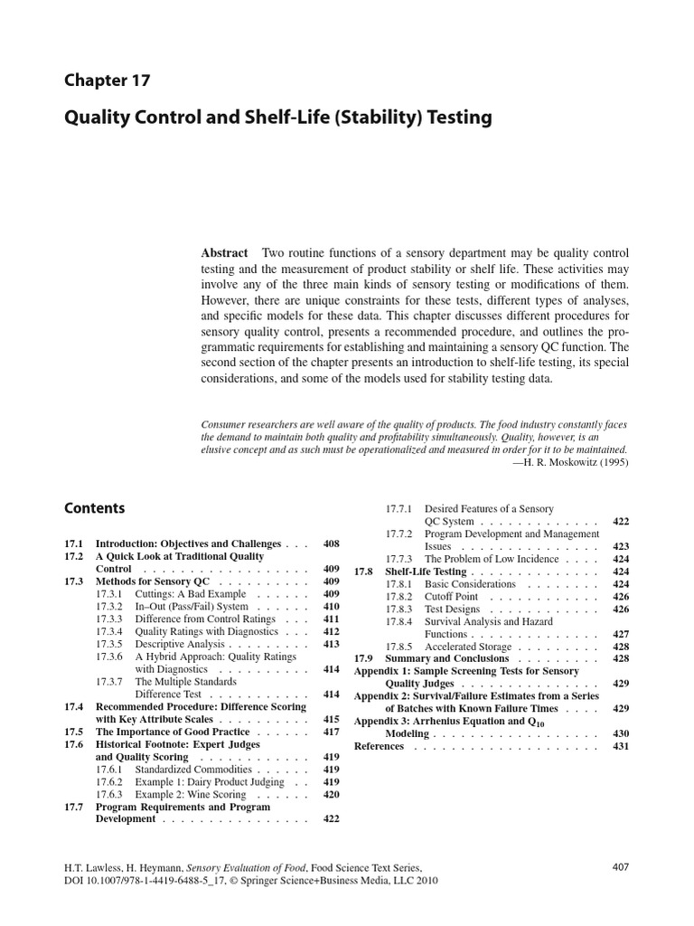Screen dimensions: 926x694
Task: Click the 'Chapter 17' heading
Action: (x=107, y=80)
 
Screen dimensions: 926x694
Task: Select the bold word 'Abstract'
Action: (x=224, y=254)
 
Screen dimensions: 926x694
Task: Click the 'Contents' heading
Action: (x=94, y=508)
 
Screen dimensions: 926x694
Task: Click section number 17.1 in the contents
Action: (x=73, y=543)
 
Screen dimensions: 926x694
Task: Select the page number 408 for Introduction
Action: (x=331, y=543)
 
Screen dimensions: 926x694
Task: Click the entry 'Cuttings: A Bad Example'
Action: (x=190, y=594)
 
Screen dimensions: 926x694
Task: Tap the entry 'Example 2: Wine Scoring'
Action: (x=190, y=794)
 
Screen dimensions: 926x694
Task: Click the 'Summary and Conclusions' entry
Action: (x=441, y=659)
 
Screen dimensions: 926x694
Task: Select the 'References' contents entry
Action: (x=379, y=746)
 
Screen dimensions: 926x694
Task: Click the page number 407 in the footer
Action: (x=620, y=866)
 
